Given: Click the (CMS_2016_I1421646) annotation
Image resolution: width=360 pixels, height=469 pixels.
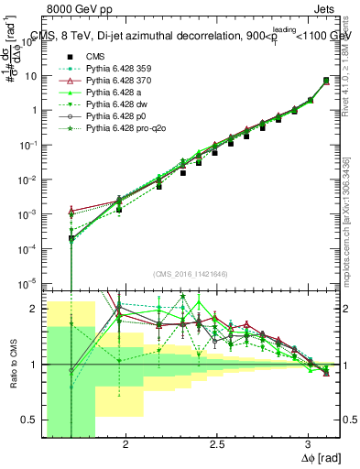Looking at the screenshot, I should pyautogui.click(x=191, y=274).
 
